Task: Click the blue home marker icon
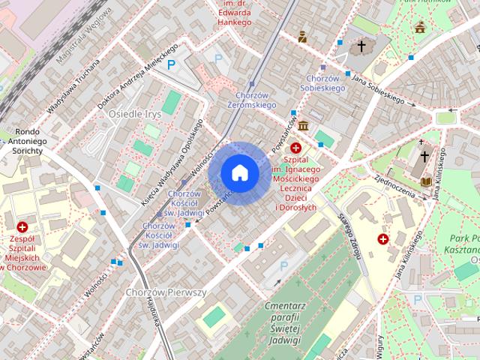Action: point(240,172)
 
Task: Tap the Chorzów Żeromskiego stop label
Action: point(251,100)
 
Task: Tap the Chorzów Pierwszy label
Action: point(166,292)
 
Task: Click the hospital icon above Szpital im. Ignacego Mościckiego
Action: point(296,148)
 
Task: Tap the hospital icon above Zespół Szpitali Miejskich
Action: point(22,226)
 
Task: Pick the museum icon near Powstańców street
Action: point(302,124)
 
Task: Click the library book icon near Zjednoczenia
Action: point(427,181)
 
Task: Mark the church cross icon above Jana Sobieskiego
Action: point(361,46)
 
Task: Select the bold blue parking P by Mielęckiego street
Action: point(172,65)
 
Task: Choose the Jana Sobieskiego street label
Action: point(379,91)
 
